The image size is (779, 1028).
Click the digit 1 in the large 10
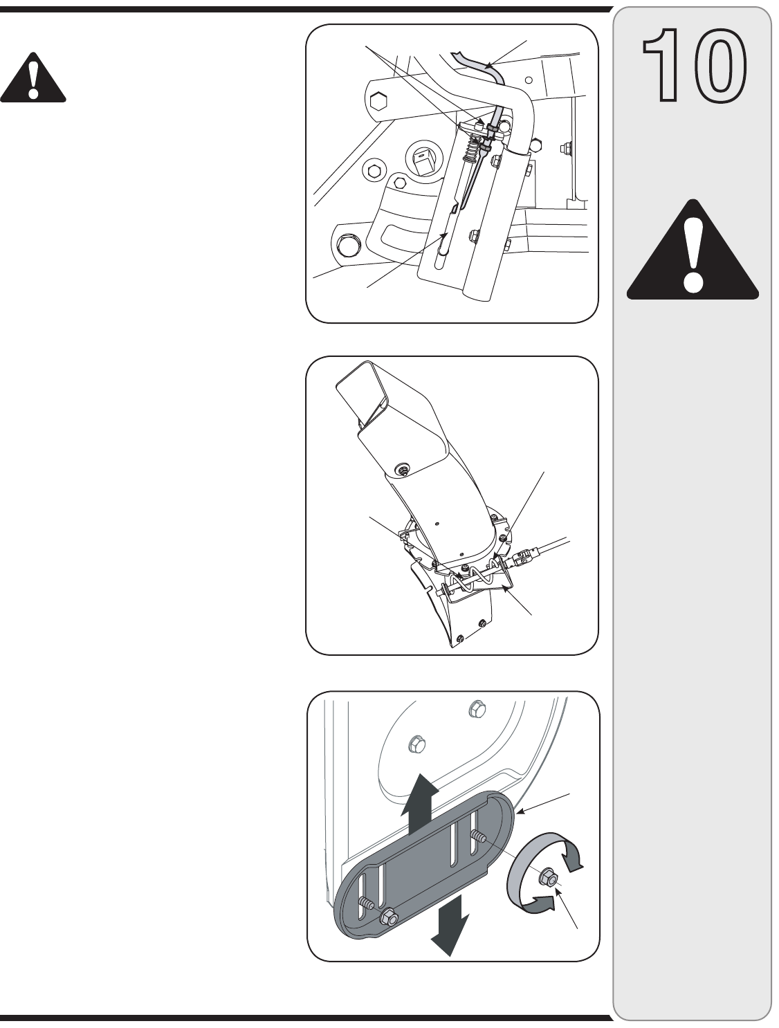661,66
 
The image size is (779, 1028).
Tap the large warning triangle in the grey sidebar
692,253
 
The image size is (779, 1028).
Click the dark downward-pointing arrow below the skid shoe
450,931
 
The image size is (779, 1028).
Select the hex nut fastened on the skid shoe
387,917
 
